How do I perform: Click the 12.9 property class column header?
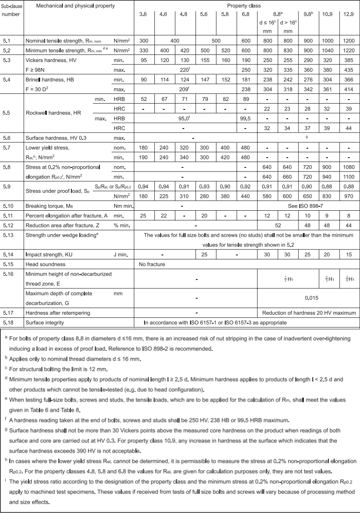click(349, 14)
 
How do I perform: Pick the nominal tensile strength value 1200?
click(349, 40)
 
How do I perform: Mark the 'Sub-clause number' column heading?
click(12, 10)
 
